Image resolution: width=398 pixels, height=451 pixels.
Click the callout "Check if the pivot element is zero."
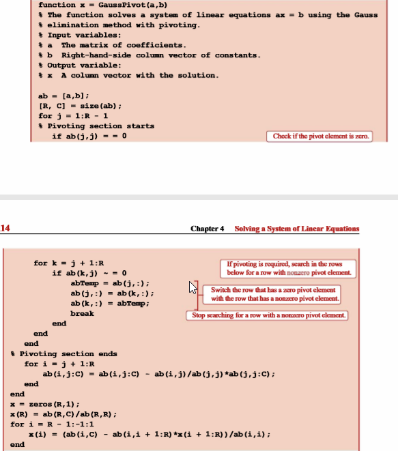(321, 136)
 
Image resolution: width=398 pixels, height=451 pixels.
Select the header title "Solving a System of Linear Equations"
(297, 229)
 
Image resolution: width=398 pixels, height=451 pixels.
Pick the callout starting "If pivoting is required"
(298, 268)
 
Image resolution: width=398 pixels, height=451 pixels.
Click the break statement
(83, 314)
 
